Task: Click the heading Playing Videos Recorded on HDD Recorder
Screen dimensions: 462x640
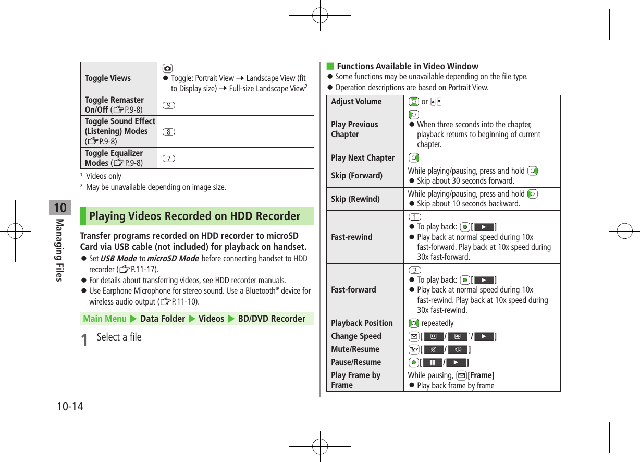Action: (x=194, y=216)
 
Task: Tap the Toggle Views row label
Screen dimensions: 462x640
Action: (x=108, y=78)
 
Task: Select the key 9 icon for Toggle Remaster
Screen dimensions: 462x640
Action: (x=168, y=105)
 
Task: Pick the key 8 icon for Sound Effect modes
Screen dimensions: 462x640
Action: (x=168, y=131)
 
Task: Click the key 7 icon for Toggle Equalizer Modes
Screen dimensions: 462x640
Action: (x=168, y=158)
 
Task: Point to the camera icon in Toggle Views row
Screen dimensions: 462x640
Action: (x=167, y=68)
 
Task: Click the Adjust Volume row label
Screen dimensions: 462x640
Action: (x=356, y=101)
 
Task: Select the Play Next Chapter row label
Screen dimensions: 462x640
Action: (x=363, y=157)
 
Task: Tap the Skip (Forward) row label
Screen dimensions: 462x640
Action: (x=356, y=175)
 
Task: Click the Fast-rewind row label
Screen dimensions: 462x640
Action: (x=352, y=237)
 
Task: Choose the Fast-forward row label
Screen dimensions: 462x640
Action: (x=353, y=289)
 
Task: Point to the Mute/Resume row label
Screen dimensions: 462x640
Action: (x=355, y=349)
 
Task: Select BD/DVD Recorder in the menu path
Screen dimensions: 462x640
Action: (x=272, y=319)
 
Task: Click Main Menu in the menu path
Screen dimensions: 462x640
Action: (x=105, y=319)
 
